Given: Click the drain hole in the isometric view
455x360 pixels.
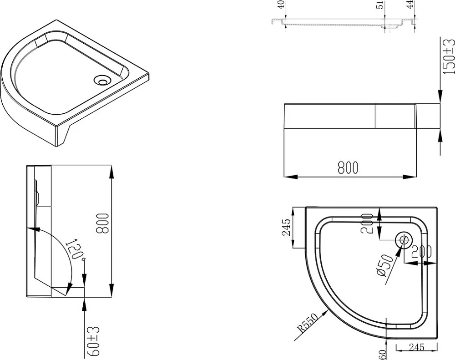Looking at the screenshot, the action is pyautogui.click(x=102, y=80).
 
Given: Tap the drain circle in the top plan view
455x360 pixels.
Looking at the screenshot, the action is pyautogui.click(x=404, y=240).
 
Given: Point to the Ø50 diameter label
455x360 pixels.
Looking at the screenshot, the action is pyautogui.click(x=384, y=264).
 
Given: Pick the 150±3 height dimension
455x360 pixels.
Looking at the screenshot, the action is pyautogui.click(x=449, y=56).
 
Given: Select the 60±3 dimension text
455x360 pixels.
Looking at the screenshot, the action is pyautogui.click(x=93, y=341).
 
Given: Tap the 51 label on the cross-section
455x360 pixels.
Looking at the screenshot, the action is pyautogui.click(x=380, y=5).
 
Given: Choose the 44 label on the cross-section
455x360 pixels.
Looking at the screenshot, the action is pyautogui.click(x=410, y=5).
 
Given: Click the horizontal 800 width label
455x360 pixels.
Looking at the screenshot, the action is pyautogui.click(x=348, y=167).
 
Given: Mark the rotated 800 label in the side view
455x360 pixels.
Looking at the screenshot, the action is pyautogui.click(x=102, y=223).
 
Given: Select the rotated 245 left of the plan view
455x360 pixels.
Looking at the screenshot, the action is pyautogui.click(x=286, y=227).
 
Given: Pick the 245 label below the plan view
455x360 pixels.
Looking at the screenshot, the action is pyautogui.click(x=416, y=347).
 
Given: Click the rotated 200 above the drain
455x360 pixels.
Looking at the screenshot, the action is pyautogui.click(x=366, y=223).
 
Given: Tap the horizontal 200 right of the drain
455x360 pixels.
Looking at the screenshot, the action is pyautogui.click(x=421, y=252).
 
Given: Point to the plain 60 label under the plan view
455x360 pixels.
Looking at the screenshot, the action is pyautogui.click(x=383, y=354).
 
